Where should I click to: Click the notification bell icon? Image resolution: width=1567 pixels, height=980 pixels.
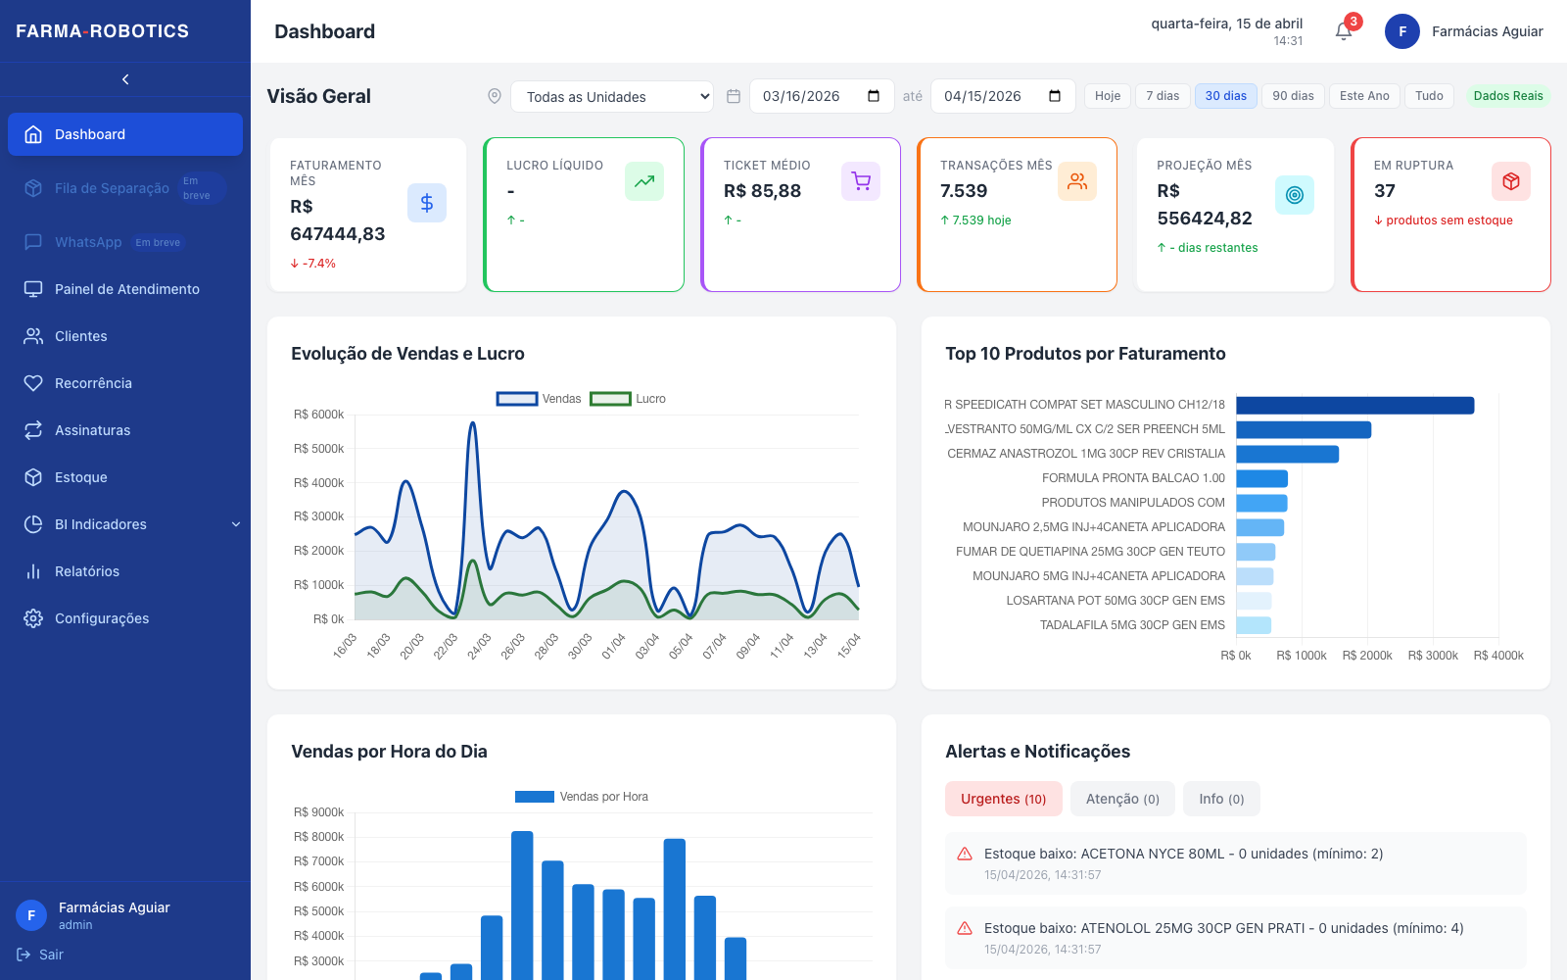[1343, 31]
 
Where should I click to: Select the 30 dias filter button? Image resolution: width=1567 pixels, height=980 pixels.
[1225, 96]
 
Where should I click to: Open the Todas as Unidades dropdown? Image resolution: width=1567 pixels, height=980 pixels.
[612, 97]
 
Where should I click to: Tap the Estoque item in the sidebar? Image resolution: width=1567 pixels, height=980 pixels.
[80, 477]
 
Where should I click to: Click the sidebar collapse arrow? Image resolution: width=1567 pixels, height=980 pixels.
[125, 79]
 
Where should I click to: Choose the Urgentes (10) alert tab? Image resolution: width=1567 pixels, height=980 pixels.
[1003, 799]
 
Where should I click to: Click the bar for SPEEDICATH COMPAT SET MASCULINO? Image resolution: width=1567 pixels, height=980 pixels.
[1355, 406]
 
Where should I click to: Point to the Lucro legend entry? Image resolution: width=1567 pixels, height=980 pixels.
[628, 399]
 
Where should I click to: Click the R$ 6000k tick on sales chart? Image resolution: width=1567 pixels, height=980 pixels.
[318, 415]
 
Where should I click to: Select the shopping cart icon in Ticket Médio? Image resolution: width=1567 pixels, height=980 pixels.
[861, 181]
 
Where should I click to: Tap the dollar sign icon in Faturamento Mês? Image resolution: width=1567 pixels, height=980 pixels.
[427, 203]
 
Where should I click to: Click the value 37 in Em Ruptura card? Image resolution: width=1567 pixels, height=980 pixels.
[1385, 191]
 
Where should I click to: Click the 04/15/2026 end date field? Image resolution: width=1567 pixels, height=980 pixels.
[1003, 96]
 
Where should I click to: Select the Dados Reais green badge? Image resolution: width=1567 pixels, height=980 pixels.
[1507, 96]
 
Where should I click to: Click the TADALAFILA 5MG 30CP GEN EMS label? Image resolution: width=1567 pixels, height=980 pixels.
[1132, 625]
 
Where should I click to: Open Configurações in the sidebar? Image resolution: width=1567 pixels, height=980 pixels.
[102, 618]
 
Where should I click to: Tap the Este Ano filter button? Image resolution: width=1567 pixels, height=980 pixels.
[1364, 96]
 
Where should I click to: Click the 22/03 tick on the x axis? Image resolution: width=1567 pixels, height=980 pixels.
[445, 646]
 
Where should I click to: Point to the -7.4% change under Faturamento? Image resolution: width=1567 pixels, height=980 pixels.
[312, 264]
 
